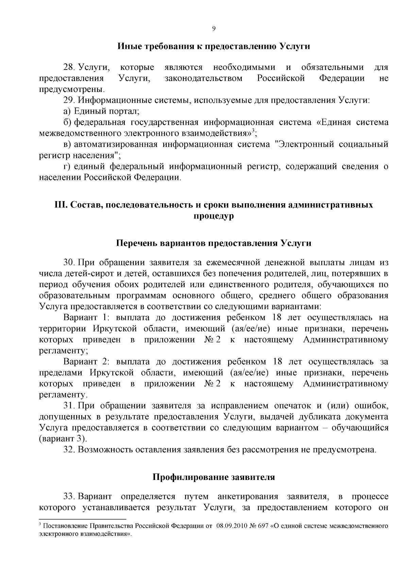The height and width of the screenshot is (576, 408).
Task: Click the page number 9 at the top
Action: point(214,29)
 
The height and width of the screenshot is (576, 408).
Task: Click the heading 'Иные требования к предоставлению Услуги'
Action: point(214,46)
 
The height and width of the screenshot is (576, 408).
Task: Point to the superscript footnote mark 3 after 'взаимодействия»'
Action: point(255,131)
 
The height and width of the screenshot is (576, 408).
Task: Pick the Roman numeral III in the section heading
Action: point(60,205)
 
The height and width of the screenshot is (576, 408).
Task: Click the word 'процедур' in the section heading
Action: point(214,216)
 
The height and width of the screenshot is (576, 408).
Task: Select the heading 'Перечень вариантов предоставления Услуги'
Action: point(214,243)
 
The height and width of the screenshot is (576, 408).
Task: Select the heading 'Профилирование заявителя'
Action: point(214,477)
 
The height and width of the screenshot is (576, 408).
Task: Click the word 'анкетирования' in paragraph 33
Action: point(248,497)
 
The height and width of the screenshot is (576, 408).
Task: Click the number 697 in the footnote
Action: point(263,526)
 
